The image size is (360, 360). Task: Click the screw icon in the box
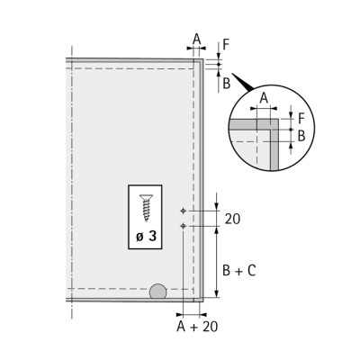click(x=146, y=208)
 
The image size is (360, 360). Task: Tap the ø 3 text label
click(x=146, y=237)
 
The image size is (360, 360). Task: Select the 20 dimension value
click(x=232, y=219)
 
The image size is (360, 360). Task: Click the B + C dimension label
click(x=239, y=271)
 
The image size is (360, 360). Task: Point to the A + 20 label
click(x=197, y=327)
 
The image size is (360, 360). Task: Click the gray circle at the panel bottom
click(x=157, y=292)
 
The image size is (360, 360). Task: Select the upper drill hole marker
click(x=183, y=211)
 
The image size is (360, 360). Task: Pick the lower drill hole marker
click(x=183, y=226)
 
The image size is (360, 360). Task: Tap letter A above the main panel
click(x=196, y=39)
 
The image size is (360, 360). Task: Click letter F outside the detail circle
click(x=226, y=45)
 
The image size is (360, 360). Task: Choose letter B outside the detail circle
click(x=227, y=83)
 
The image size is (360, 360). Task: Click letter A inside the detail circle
click(x=264, y=98)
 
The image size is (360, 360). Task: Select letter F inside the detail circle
click(x=301, y=119)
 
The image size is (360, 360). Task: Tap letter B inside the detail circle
click(x=301, y=136)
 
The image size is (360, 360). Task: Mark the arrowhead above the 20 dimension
click(x=217, y=206)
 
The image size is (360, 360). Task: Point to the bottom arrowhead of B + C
click(x=217, y=293)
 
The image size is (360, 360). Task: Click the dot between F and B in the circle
click(x=291, y=130)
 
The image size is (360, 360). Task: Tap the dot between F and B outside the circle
click(x=219, y=64)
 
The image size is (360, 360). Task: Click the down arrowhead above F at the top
click(x=219, y=56)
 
